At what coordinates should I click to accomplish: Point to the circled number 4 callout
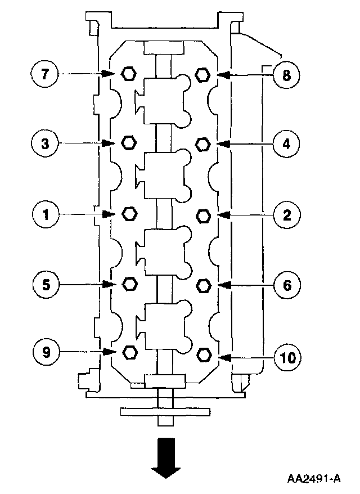click(286, 144)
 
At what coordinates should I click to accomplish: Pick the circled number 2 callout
click(286, 214)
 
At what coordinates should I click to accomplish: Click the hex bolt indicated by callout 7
click(128, 73)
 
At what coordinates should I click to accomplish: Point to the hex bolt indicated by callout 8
click(202, 74)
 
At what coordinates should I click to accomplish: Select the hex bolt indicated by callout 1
click(129, 213)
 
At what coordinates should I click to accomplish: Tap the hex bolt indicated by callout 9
click(130, 352)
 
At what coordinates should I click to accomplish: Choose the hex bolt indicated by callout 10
click(204, 355)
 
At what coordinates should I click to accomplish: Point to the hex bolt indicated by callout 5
click(129, 283)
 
